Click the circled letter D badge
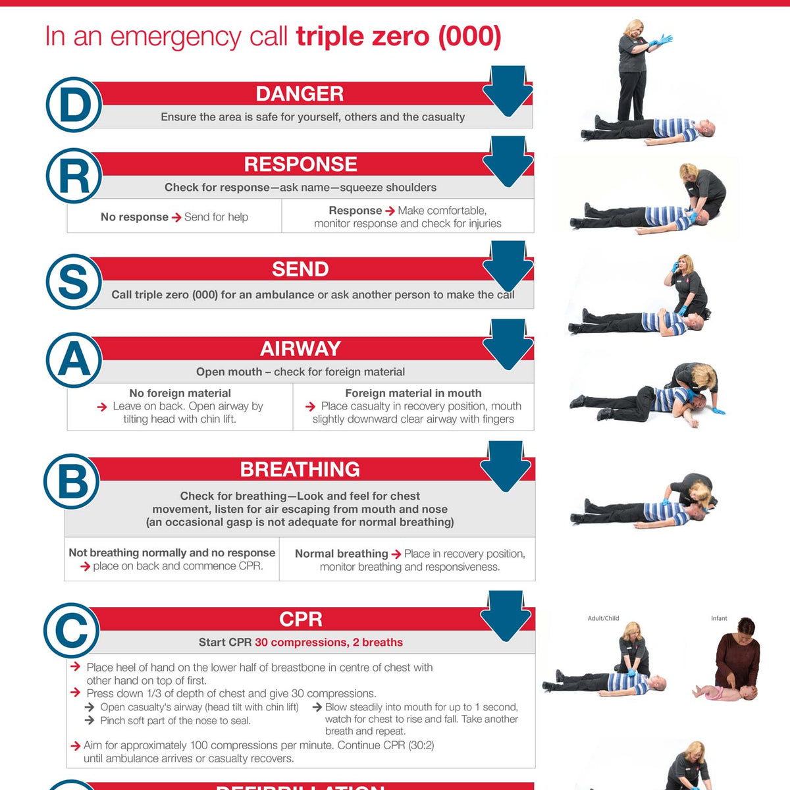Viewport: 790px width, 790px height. [x=74, y=105]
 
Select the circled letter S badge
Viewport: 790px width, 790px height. [x=74, y=282]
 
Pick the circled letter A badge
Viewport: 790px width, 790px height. [x=74, y=360]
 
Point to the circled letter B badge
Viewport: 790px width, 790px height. [x=72, y=481]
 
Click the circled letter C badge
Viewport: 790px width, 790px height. [x=72, y=631]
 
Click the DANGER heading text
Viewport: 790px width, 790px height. [x=300, y=93]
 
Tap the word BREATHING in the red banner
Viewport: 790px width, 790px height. [x=300, y=469]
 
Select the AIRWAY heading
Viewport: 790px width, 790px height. [x=300, y=348]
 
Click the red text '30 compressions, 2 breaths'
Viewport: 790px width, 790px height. [x=329, y=643]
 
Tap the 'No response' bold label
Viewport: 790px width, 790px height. [x=134, y=217]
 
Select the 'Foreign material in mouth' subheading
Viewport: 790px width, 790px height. [x=413, y=393]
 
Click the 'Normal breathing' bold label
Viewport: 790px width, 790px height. [x=341, y=554]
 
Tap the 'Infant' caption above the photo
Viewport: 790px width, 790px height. [x=719, y=618]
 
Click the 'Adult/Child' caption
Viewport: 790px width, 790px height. [x=603, y=618]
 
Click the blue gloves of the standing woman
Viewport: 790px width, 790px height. [x=661, y=40]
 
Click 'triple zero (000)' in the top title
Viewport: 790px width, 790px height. [x=398, y=36]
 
